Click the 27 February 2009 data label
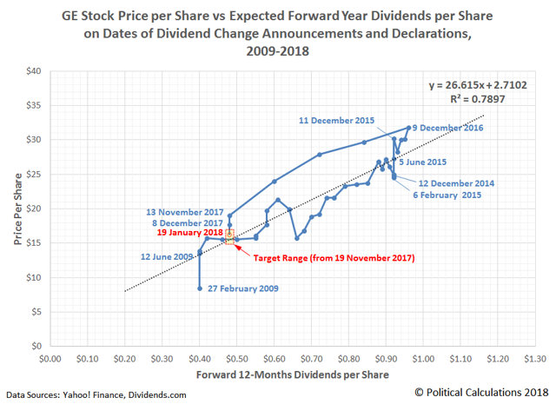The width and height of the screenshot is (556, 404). pyautogui.click(x=242, y=288)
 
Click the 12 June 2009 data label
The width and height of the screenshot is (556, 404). pyautogui.click(x=168, y=256)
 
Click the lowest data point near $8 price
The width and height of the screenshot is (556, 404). pyautogui.click(x=200, y=288)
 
